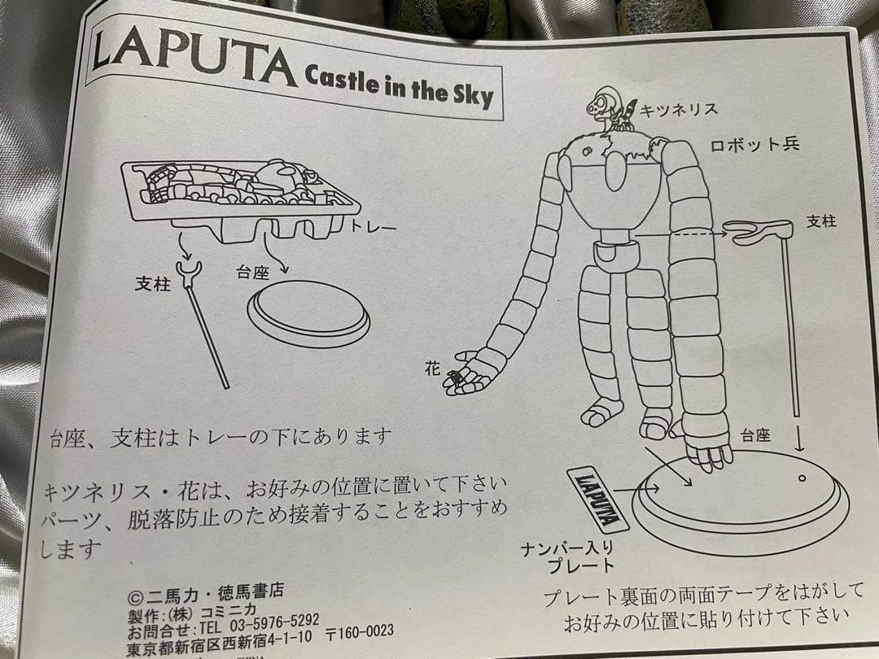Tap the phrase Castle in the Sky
click(x=398, y=84)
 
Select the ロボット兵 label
click(x=754, y=145)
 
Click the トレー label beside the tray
click(x=373, y=227)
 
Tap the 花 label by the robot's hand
click(x=432, y=369)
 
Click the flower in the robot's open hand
click(x=456, y=377)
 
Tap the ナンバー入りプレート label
click(x=566, y=557)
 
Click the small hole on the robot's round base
click(x=802, y=478)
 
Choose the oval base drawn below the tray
click(x=308, y=314)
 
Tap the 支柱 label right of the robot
click(x=820, y=221)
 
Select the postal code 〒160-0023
click(x=359, y=631)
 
